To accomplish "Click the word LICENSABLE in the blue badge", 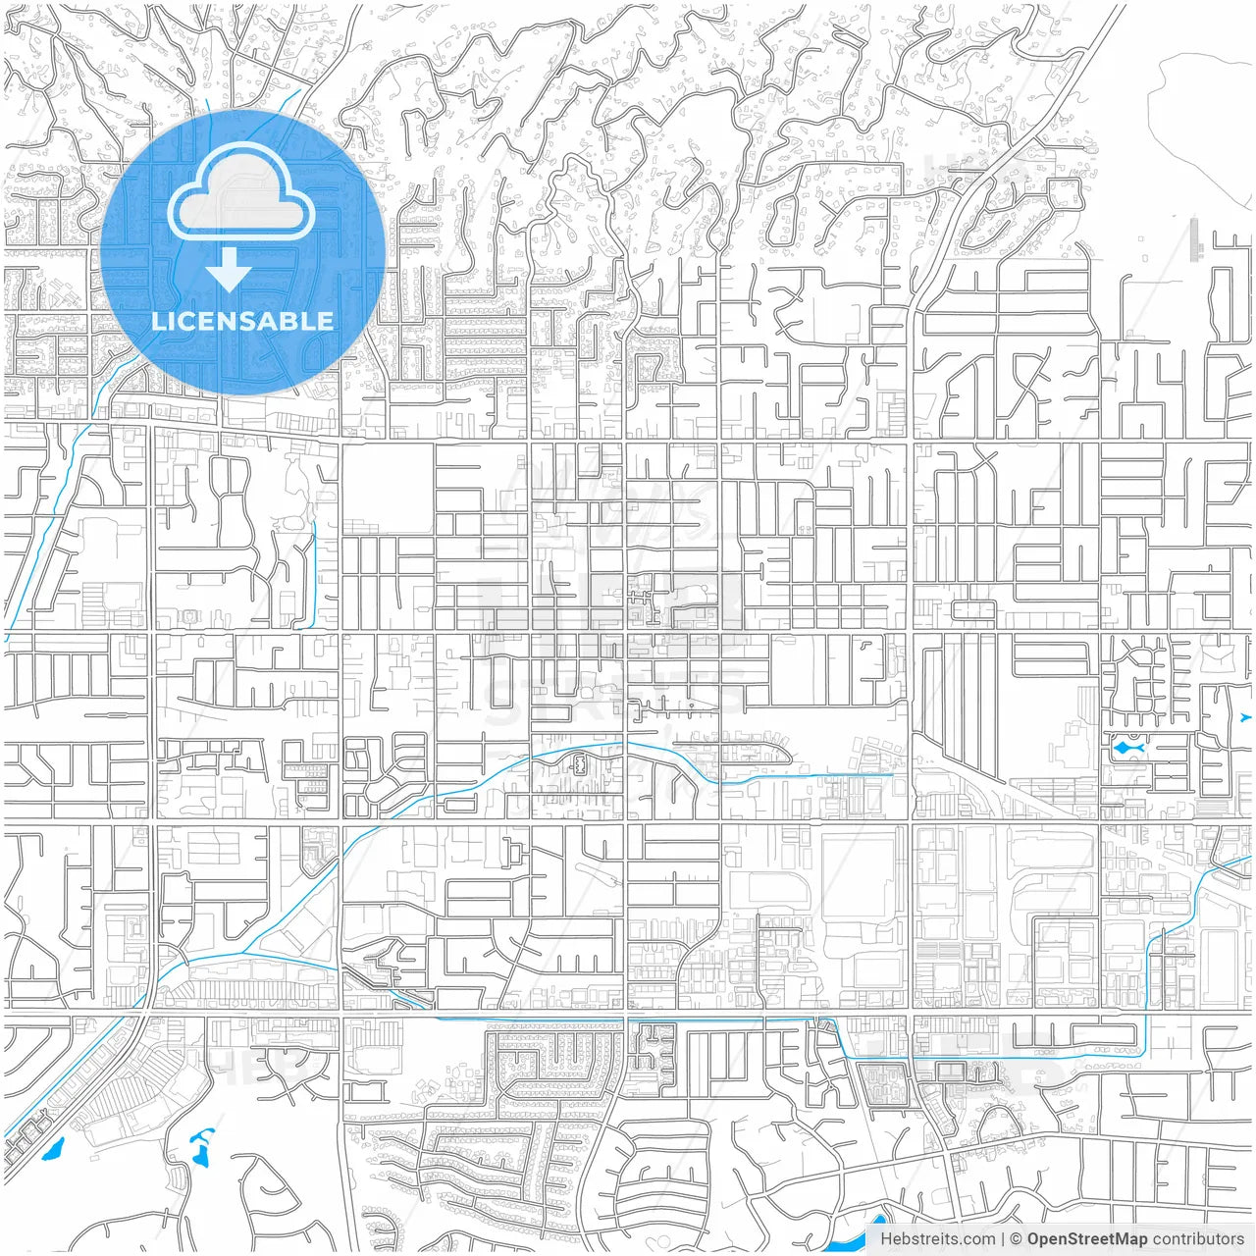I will click(242, 321).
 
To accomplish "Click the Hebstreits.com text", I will click(937, 1239).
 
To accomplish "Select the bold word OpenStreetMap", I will click(1086, 1239).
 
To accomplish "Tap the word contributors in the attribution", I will click(1198, 1239).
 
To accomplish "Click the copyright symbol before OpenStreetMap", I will click(1017, 1239).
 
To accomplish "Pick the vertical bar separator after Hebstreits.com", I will click(1003, 1239).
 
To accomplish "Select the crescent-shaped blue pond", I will click(203, 1137).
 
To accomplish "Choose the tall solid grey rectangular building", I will click(1195, 238).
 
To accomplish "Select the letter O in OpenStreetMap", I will click(1033, 1239).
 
